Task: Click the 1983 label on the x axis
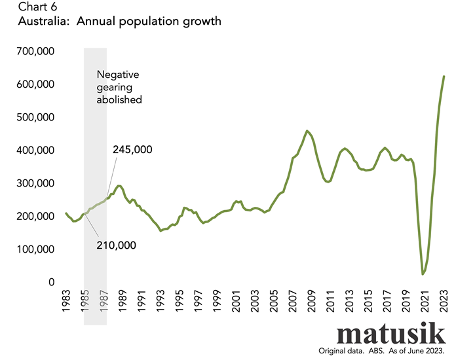coord(66,308)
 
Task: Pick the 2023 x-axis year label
coord(444,308)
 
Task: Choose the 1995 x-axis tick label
coord(180,308)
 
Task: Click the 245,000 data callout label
coord(132,150)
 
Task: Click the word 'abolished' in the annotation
coord(119,100)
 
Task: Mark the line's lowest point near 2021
coord(423,274)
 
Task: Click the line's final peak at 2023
coord(444,77)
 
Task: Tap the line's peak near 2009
coord(307,131)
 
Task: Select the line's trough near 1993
coord(161,230)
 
